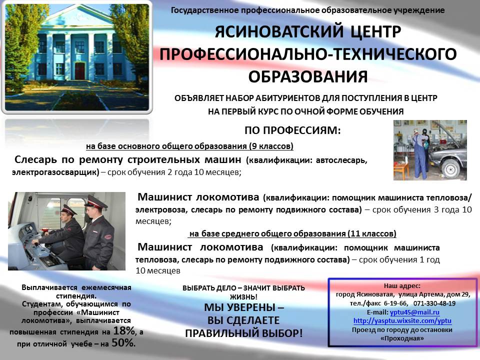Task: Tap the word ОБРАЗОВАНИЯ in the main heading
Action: [307, 76]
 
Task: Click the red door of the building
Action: [79, 70]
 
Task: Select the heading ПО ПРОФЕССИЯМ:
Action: [292, 130]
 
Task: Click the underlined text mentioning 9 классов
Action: [189, 146]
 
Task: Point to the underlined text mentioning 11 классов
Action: [292, 234]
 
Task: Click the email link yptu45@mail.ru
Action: [414, 312]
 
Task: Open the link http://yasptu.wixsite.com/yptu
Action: [402, 321]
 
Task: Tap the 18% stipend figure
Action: [124, 330]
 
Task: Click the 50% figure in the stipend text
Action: [123, 342]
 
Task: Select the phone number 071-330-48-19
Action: [434, 303]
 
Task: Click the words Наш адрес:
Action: [402, 286]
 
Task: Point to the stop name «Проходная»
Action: [402, 338]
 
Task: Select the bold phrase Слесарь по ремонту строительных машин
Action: [128, 159]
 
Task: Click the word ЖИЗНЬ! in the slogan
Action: [243, 296]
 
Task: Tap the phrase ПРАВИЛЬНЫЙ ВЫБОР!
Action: [244, 333]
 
